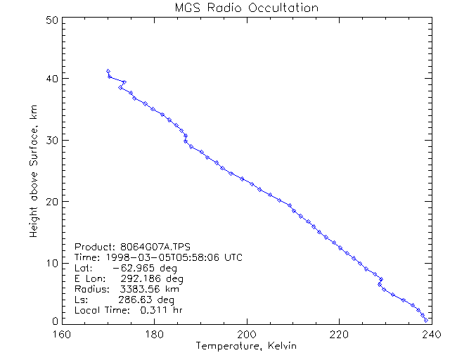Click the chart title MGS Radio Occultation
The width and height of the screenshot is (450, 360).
click(246, 8)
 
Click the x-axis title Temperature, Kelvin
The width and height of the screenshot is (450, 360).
click(246, 346)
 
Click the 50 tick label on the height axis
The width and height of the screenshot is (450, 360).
click(50, 20)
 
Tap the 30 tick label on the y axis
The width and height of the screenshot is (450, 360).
click(50, 140)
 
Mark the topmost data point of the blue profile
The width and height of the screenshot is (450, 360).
click(108, 70)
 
